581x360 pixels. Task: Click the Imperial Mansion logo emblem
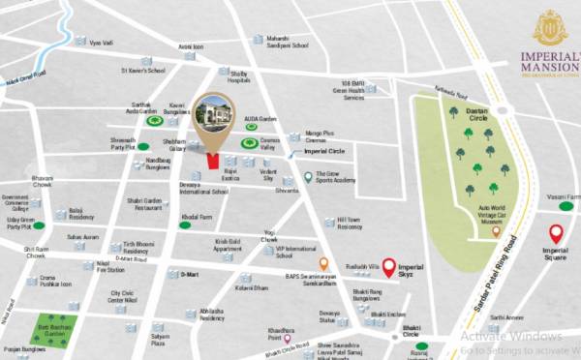[x=549, y=27]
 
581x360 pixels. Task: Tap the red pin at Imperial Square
[x=556, y=233]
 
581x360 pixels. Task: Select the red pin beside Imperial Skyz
[x=388, y=267]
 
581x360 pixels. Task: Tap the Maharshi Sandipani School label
[x=288, y=42]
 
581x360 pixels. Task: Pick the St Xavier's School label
[x=142, y=70]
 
